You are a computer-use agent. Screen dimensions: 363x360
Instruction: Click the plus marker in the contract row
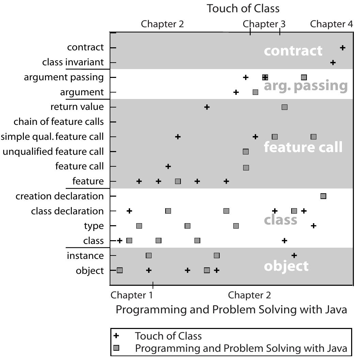(343, 48)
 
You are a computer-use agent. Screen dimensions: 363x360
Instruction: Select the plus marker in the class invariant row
(333, 63)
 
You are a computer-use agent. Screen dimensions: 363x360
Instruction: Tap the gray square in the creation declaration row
(323, 196)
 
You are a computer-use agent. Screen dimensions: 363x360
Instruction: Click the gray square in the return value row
(284, 107)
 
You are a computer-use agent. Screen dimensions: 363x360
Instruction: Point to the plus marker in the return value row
(207, 107)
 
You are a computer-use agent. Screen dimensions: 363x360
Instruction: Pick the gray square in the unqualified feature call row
(246, 152)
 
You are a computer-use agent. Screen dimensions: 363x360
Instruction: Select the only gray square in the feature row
(178, 181)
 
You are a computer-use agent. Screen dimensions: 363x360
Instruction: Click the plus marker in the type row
(314, 226)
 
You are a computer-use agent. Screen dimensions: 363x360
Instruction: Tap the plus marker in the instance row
(294, 255)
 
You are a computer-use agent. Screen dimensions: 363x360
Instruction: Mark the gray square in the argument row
(255, 92)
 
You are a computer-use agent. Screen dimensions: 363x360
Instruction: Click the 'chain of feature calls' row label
(59, 122)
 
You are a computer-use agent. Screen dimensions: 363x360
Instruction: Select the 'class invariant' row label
(73, 63)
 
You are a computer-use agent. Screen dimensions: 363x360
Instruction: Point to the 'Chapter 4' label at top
(331, 24)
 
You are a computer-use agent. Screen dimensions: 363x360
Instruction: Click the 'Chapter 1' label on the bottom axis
(132, 295)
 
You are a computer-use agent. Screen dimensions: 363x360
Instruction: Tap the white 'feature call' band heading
(303, 147)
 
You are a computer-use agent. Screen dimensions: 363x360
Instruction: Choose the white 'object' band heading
(286, 266)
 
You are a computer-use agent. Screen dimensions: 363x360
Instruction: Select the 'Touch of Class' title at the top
(243, 9)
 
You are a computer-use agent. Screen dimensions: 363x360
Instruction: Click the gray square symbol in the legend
(116, 348)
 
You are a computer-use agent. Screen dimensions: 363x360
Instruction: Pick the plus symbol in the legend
(116, 336)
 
